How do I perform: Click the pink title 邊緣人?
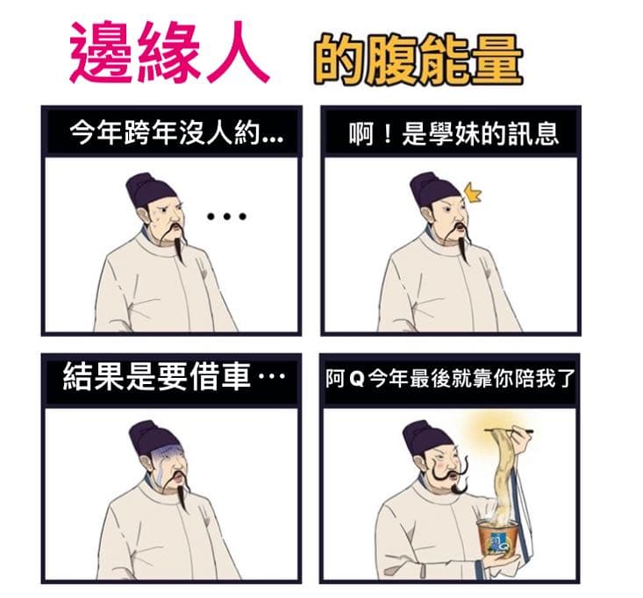click(x=169, y=52)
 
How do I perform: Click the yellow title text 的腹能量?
click(x=418, y=61)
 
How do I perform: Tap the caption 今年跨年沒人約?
click(x=176, y=132)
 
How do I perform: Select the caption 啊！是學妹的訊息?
click(x=454, y=133)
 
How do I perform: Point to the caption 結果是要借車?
click(x=174, y=376)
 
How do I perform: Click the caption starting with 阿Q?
click(x=451, y=378)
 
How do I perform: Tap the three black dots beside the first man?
click(x=226, y=217)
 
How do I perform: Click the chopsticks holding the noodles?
click(x=509, y=431)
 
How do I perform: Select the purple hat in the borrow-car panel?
click(x=153, y=438)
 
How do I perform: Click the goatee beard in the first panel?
click(x=178, y=246)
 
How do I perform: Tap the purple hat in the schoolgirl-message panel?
click(x=434, y=190)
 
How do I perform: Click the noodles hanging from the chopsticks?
click(x=504, y=475)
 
